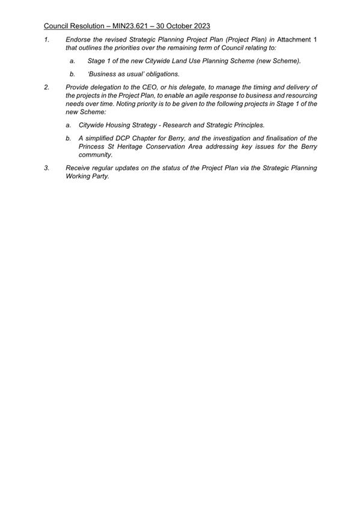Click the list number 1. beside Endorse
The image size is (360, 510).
(47, 39)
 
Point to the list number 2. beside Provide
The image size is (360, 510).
(47, 87)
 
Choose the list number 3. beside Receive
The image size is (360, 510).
(47, 168)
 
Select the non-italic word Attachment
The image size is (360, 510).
(297, 39)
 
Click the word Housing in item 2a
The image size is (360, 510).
(124, 125)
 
